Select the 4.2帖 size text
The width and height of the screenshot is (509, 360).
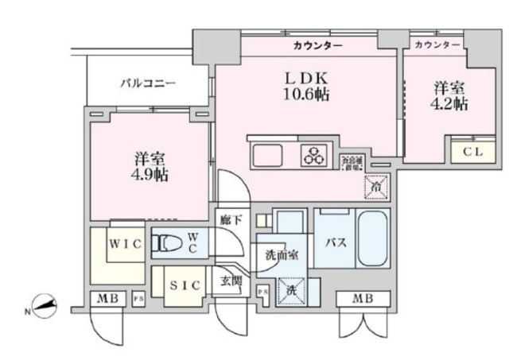click(x=449, y=104)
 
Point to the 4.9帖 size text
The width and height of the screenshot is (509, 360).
click(x=150, y=174)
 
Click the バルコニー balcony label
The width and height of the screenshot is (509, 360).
click(x=148, y=83)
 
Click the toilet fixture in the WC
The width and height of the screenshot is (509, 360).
click(x=168, y=244)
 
